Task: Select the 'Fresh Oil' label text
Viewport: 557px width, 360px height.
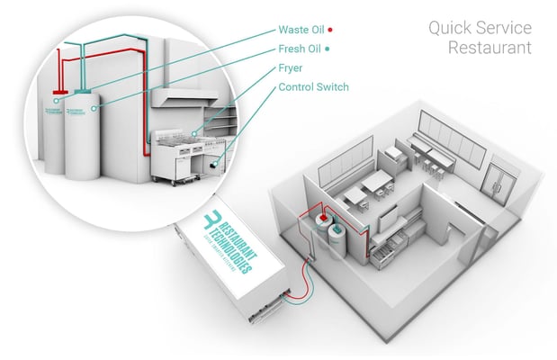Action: pos(301,49)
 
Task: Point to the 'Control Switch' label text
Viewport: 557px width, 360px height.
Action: pos(313,87)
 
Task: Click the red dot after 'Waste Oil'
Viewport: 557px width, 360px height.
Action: pos(331,30)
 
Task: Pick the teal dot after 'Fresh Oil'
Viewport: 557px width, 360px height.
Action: pos(328,49)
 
